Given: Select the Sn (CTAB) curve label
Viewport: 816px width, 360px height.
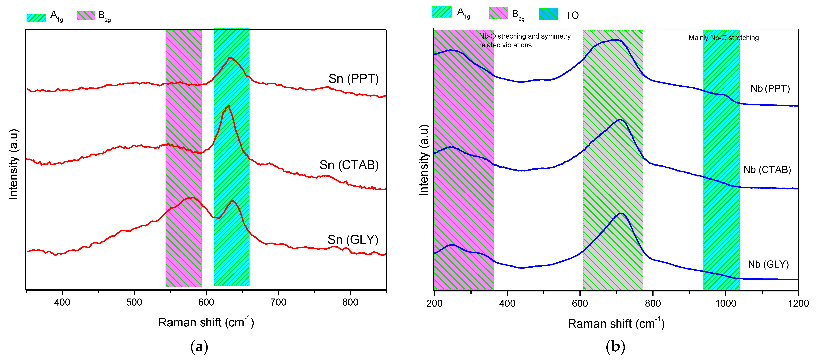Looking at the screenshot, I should click(x=349, y=165).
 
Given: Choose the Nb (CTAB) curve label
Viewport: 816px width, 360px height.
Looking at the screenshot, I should click(x=767, y=170).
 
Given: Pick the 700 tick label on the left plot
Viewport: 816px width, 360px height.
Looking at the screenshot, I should click(x=278, y=302).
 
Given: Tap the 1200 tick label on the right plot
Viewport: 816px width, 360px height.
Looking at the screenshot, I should click(x=798, y=304).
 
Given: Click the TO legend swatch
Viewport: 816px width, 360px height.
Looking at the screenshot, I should click(x=549, y=14).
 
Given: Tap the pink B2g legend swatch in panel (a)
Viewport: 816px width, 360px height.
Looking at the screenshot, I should click(x=86, y=15).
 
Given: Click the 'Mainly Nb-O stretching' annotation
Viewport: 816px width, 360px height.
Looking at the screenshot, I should click(x=724, y=38).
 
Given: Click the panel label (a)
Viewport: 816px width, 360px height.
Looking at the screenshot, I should click(x=199, y=347).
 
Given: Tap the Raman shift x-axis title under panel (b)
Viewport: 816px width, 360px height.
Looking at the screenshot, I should click(x=616, y=324).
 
